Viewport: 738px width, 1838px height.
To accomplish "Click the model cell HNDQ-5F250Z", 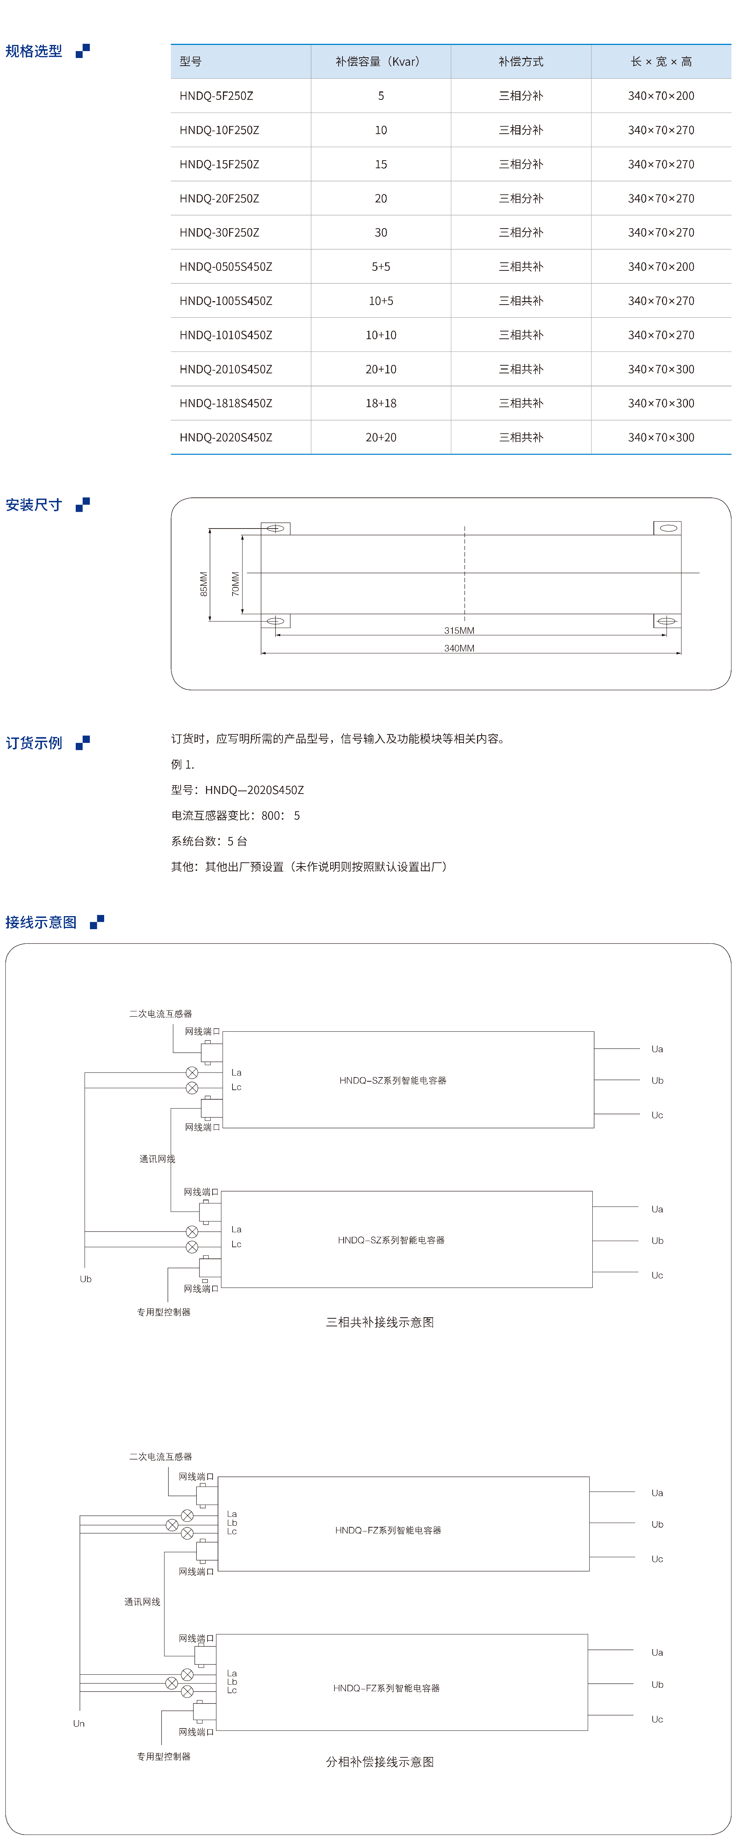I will pos(216,96).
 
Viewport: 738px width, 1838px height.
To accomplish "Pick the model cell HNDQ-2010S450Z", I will pos(226,369).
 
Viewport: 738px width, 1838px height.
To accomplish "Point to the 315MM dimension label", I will pos(459,630).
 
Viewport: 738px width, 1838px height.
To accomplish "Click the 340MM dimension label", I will pos(459,648).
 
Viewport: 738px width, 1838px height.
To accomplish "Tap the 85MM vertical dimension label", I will pos(203,583).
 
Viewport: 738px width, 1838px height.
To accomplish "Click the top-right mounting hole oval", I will pos(668,528).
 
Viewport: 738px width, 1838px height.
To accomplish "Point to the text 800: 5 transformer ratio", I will pos(281,815).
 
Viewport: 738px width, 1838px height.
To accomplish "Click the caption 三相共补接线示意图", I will pos(380,1322).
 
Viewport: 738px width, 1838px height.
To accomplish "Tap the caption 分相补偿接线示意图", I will pos(380,1762).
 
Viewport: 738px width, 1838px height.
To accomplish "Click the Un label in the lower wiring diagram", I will pos(78,1723).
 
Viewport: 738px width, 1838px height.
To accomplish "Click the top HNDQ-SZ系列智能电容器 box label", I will pos(392,1080).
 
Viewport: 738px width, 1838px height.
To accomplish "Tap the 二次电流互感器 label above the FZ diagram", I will pos(161,1456).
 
